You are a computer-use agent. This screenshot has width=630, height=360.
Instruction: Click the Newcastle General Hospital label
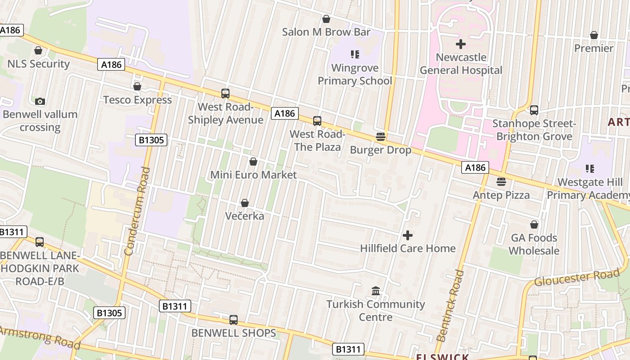click(461, 64)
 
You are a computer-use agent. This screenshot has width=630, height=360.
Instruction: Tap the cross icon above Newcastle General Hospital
click(461, 44)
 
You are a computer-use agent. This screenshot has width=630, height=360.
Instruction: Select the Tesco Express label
click(138, 100)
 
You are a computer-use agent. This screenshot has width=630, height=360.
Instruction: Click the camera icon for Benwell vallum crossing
click(40, 101)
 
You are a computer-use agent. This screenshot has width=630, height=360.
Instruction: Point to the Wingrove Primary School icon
click(355, 54)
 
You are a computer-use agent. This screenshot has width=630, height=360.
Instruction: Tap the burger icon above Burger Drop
click(381, 137)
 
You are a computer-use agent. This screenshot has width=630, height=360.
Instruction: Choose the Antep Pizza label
click(501, 195)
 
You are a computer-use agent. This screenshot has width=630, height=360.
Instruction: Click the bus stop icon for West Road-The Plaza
click(317, 121)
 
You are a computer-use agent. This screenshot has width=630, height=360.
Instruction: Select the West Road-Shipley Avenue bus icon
click(225, 94)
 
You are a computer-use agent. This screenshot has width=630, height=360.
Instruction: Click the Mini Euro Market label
click(253, 175)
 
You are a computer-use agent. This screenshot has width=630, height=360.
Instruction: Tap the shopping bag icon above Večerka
click(245, 203)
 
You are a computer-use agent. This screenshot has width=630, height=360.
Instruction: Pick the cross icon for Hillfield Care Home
click(408, 235)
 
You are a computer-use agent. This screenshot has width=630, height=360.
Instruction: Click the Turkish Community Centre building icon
click(376, 292)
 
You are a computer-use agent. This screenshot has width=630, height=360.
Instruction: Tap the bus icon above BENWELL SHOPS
click(234, 320)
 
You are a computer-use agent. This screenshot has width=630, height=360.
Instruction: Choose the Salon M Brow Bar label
click(326, 32)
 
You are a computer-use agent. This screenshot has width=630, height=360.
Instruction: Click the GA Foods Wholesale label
click(534, 244)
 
